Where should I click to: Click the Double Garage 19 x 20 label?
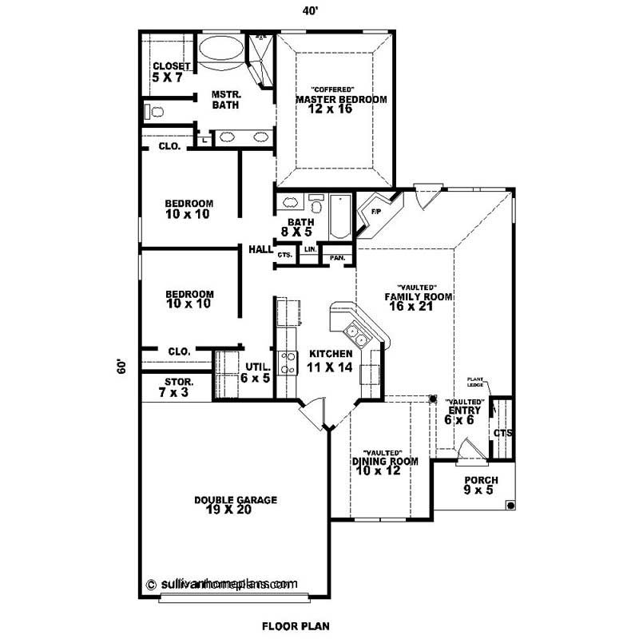tap(235, 505)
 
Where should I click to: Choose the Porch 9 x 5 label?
tap(478, 485)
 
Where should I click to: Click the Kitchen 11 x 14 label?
tap(330, 360)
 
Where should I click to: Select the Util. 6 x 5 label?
tap(255, 372)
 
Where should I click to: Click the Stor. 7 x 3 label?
tap(177, 387)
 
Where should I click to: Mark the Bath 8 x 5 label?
tap(300, 227)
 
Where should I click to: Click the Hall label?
tap(260, 249)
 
